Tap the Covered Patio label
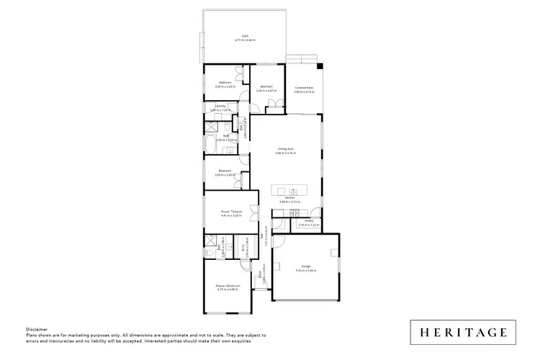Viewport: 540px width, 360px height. pyautogui.click(x=303, y=88)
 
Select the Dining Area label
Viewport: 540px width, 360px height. pyautogui.click(x=286, y=148)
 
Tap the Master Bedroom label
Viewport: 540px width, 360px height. pyautogui.click(x=228, y=286)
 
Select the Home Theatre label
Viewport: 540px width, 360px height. pyautogui.click(x=230, y=211)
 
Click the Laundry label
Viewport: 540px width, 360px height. pyautogui.click(x=221, y=107)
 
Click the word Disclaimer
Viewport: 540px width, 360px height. pyautogui.click(x=37, y=328)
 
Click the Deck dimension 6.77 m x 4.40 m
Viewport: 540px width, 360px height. pyautogui.click(x=245, y=40)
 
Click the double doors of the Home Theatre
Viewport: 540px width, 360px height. pyautogui.click(x=254, y=213)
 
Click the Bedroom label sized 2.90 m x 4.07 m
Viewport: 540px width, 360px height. pyautogui.click(x=266, y=87)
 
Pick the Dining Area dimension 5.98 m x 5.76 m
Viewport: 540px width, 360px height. pyautogui.click(x=286, y=153)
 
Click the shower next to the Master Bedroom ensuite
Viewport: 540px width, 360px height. pyautogui.click(x=211, y=240)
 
